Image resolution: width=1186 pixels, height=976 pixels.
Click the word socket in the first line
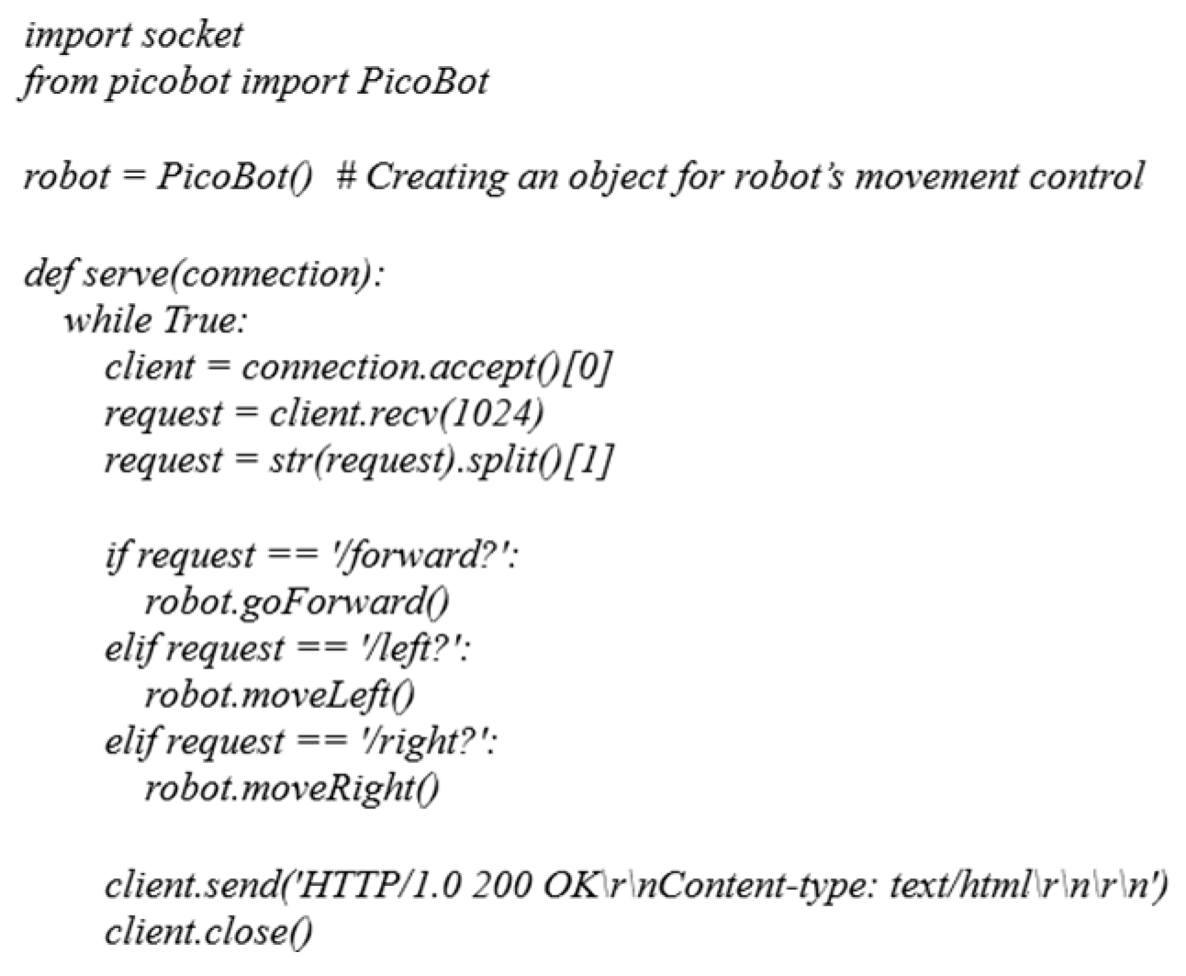coord(194,36)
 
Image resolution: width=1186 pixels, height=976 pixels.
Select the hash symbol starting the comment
coord(345,175)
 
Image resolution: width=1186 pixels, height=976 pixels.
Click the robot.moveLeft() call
coord(280,696)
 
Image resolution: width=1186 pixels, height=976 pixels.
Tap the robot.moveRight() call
coord(292,789)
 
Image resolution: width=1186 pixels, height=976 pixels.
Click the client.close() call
coord(208,933)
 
